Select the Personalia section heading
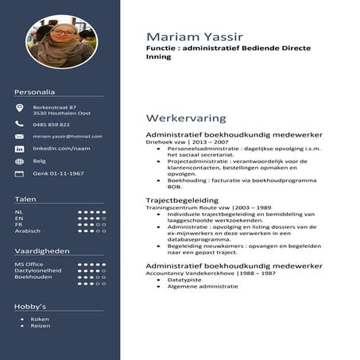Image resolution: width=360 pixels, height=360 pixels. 35,92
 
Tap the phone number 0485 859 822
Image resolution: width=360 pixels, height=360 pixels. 52,124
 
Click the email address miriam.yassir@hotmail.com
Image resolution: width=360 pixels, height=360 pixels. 68,136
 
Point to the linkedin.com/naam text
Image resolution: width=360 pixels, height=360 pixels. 56,149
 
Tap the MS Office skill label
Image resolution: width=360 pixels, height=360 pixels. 29,263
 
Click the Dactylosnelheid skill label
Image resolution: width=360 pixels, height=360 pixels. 37,270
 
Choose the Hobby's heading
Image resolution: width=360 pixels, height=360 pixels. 30,305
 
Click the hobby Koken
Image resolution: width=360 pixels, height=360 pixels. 40,319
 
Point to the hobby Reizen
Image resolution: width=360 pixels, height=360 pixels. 41,326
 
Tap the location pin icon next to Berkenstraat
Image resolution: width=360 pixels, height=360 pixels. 19,108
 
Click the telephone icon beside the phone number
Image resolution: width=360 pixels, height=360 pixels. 19,124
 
